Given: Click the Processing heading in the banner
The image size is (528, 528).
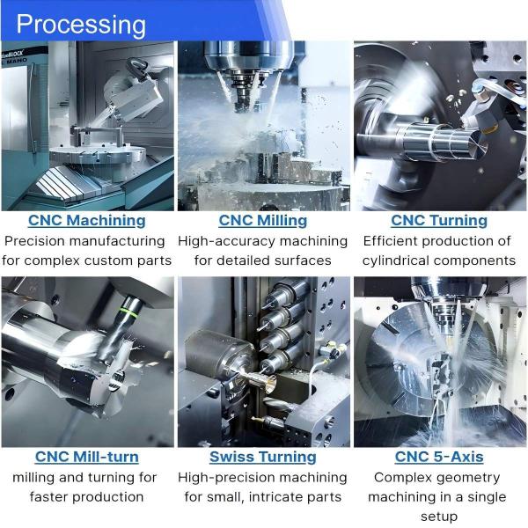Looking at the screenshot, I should (x=81, y=24).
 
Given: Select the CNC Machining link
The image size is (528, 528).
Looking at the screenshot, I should (x=86, y=220).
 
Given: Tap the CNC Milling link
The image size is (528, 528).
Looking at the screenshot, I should (x=263, y=220).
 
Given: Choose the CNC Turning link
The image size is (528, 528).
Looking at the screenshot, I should (x=438, y=220).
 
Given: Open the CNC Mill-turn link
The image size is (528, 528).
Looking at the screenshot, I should (x=86, y=457).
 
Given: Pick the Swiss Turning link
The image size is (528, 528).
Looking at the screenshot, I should (x=263, y=457).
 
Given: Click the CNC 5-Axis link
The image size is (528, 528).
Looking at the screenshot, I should (x=438, y=457).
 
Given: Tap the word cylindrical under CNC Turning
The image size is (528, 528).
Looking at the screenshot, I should (x=398, y=260).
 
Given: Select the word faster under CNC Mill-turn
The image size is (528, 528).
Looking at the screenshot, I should (x=49, y=497).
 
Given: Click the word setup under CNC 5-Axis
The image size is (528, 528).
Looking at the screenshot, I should (x=438, y=517).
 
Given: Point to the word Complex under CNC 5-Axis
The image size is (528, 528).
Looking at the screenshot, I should (x=406, y=477).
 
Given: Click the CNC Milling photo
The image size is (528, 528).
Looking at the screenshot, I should (x=263, y=125).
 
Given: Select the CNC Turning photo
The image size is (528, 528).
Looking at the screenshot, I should (x=438, y=125).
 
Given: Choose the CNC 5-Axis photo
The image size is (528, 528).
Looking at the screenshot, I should (x=438, y=361).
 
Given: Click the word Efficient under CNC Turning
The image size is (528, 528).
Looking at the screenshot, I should (x=395, y=240).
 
